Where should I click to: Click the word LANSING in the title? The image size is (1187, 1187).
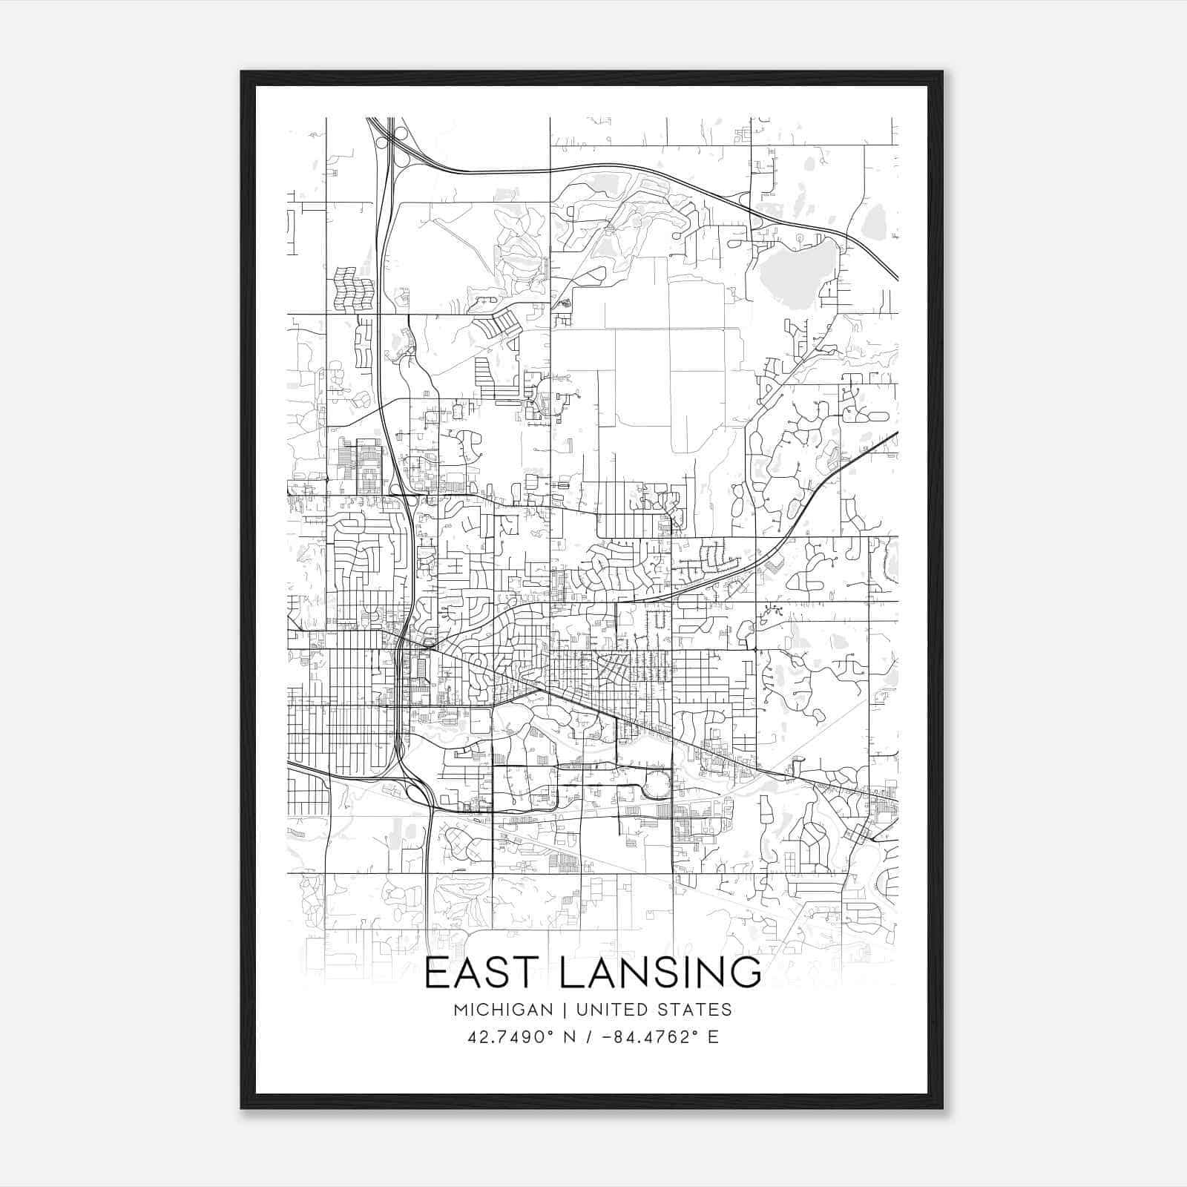659,973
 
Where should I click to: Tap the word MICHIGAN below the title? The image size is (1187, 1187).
503,1010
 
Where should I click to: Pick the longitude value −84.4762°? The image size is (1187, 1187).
643,1037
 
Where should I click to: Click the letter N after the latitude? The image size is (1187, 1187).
571,1037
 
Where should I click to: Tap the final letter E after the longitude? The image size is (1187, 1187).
713,1037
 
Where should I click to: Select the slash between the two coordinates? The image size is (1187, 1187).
588,1037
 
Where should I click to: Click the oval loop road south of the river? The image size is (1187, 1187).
657,783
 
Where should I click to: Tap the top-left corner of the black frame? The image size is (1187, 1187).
243,73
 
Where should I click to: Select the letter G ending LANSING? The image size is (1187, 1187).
745,973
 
